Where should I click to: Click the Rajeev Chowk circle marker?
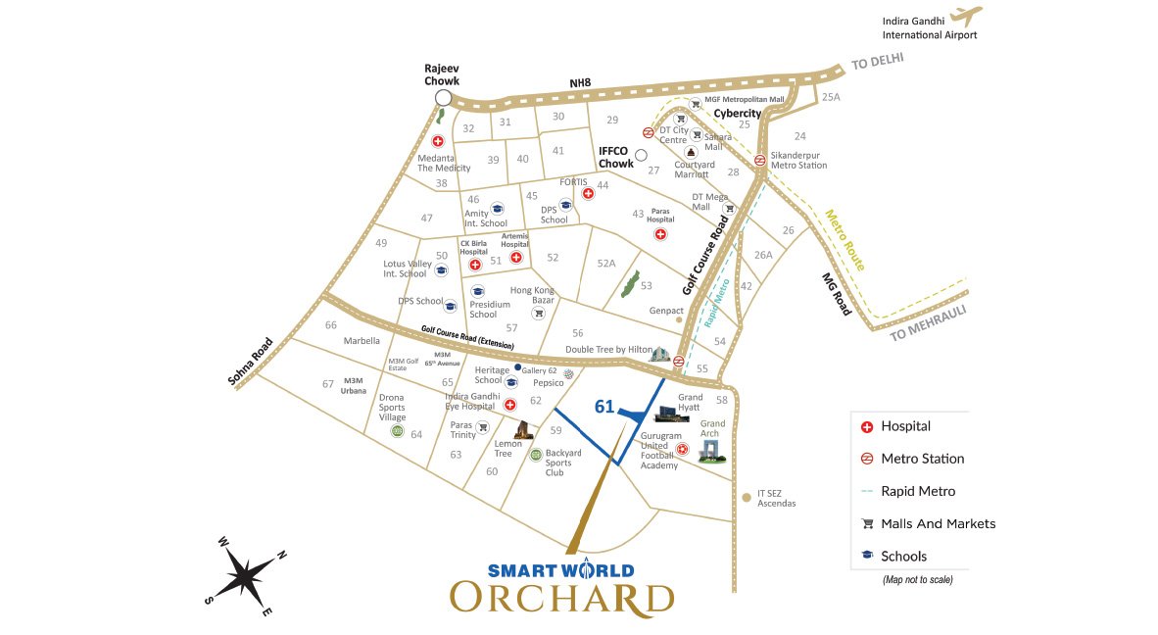point(443,98)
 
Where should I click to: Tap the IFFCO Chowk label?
point(616,157)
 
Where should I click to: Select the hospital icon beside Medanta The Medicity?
point(438,141)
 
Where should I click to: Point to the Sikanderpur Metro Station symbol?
point(760,161)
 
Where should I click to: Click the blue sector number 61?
point(604,407)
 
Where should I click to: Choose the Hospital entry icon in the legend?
point(866,426)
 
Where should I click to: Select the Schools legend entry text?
point(903,556)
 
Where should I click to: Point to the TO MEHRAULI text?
point(928,323)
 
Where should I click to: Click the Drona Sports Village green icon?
point(397,431)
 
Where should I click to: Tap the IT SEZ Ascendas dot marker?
point(747,498)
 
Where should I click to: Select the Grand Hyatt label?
point(690,404)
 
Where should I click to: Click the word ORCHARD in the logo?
point(561,598)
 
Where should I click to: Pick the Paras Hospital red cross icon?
point(660,234)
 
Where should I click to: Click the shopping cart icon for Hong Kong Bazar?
point(537,314)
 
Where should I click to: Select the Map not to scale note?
point(917,579)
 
